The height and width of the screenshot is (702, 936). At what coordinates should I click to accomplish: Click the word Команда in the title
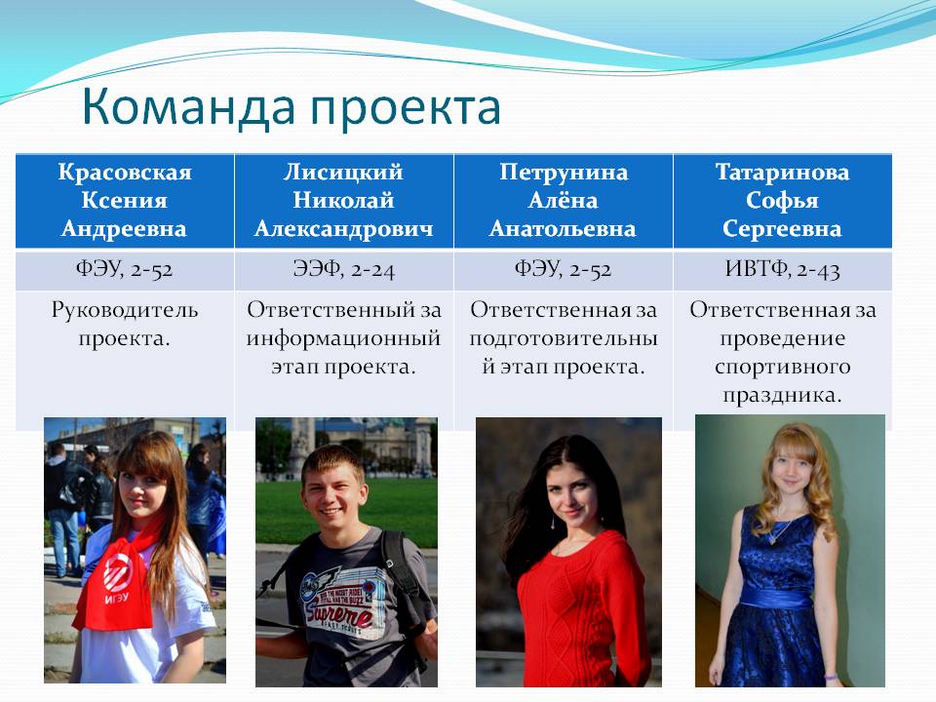tap(188, 107)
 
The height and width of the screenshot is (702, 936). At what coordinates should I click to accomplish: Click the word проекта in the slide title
tap(406, 110)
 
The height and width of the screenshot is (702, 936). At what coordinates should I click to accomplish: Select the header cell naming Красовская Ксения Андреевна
tap(125, 201)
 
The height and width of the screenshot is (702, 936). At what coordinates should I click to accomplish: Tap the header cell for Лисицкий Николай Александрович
tap(344, 201)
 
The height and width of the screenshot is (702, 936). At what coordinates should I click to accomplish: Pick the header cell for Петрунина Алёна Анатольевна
tap(564, 201)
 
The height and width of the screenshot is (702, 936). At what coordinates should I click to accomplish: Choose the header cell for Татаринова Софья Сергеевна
tap(783, 201)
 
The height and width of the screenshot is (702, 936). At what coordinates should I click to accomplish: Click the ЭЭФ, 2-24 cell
tap(344, 270)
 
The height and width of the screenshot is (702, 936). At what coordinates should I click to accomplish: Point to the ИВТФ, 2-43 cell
tap(783, 270)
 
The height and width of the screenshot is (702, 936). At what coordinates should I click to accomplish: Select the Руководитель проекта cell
tap(125, 324)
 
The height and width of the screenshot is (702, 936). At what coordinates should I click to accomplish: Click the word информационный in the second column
tap(344, 339)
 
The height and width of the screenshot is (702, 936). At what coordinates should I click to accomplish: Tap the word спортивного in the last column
tap(783, 367)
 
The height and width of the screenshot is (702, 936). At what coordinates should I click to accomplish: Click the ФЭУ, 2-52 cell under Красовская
tap(125, 270)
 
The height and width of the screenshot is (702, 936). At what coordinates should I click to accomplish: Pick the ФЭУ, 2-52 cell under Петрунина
tap(564, 270)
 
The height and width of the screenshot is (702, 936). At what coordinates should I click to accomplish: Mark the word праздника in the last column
tap(783, 395)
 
